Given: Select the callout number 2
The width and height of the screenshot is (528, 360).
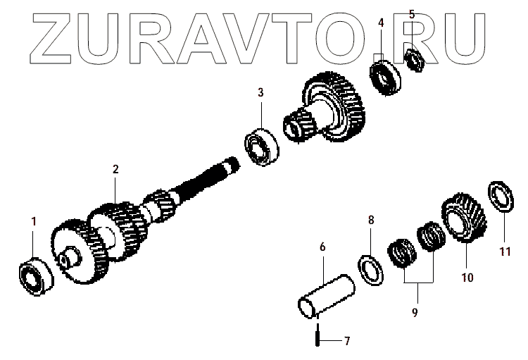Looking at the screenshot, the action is tap(115, 169).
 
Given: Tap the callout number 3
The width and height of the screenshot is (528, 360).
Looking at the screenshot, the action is tap(260, 92).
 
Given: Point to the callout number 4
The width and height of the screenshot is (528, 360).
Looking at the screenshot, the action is tap(381, 23).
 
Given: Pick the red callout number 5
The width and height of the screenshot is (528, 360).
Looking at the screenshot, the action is tap(412, 14).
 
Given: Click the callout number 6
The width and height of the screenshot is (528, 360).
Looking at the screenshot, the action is tap(322, 247).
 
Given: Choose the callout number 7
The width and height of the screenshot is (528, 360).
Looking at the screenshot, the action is tap(346, 342).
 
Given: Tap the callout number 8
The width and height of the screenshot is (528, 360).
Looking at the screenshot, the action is tap(371, 221).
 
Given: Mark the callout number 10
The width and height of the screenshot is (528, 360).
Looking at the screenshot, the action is tap(467, 277).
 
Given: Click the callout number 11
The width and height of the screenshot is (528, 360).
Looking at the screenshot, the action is tap(504, 250).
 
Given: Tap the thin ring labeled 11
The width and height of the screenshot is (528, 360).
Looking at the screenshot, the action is tap(500, 195).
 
